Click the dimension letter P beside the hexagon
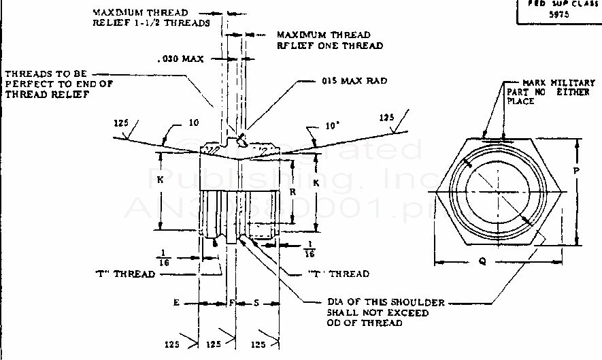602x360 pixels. [x=575, y=171]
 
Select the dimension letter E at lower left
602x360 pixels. [x=176, y=301]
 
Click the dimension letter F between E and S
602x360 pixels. [x=231, y=301]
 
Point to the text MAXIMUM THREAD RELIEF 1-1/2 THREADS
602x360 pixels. [x=150, y=18]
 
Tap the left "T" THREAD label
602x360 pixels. [x=124, y=274]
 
